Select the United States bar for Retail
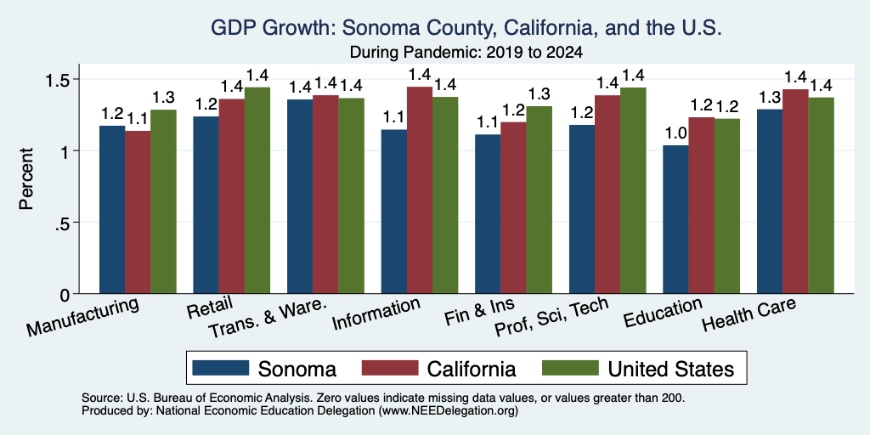coord(257,190)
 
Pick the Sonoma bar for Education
coord(675,220)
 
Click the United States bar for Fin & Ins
coord(540,200)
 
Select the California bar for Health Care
coord(795,191)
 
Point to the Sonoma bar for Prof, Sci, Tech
coord(581,209)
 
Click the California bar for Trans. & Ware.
coord(325,195)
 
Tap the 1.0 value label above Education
coord(675,133)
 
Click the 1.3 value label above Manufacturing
coord(164,98)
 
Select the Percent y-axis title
coord(26,178)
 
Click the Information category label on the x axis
coord(376,314)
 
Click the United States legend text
coord(671,369)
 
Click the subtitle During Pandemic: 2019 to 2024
coord(466,53)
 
